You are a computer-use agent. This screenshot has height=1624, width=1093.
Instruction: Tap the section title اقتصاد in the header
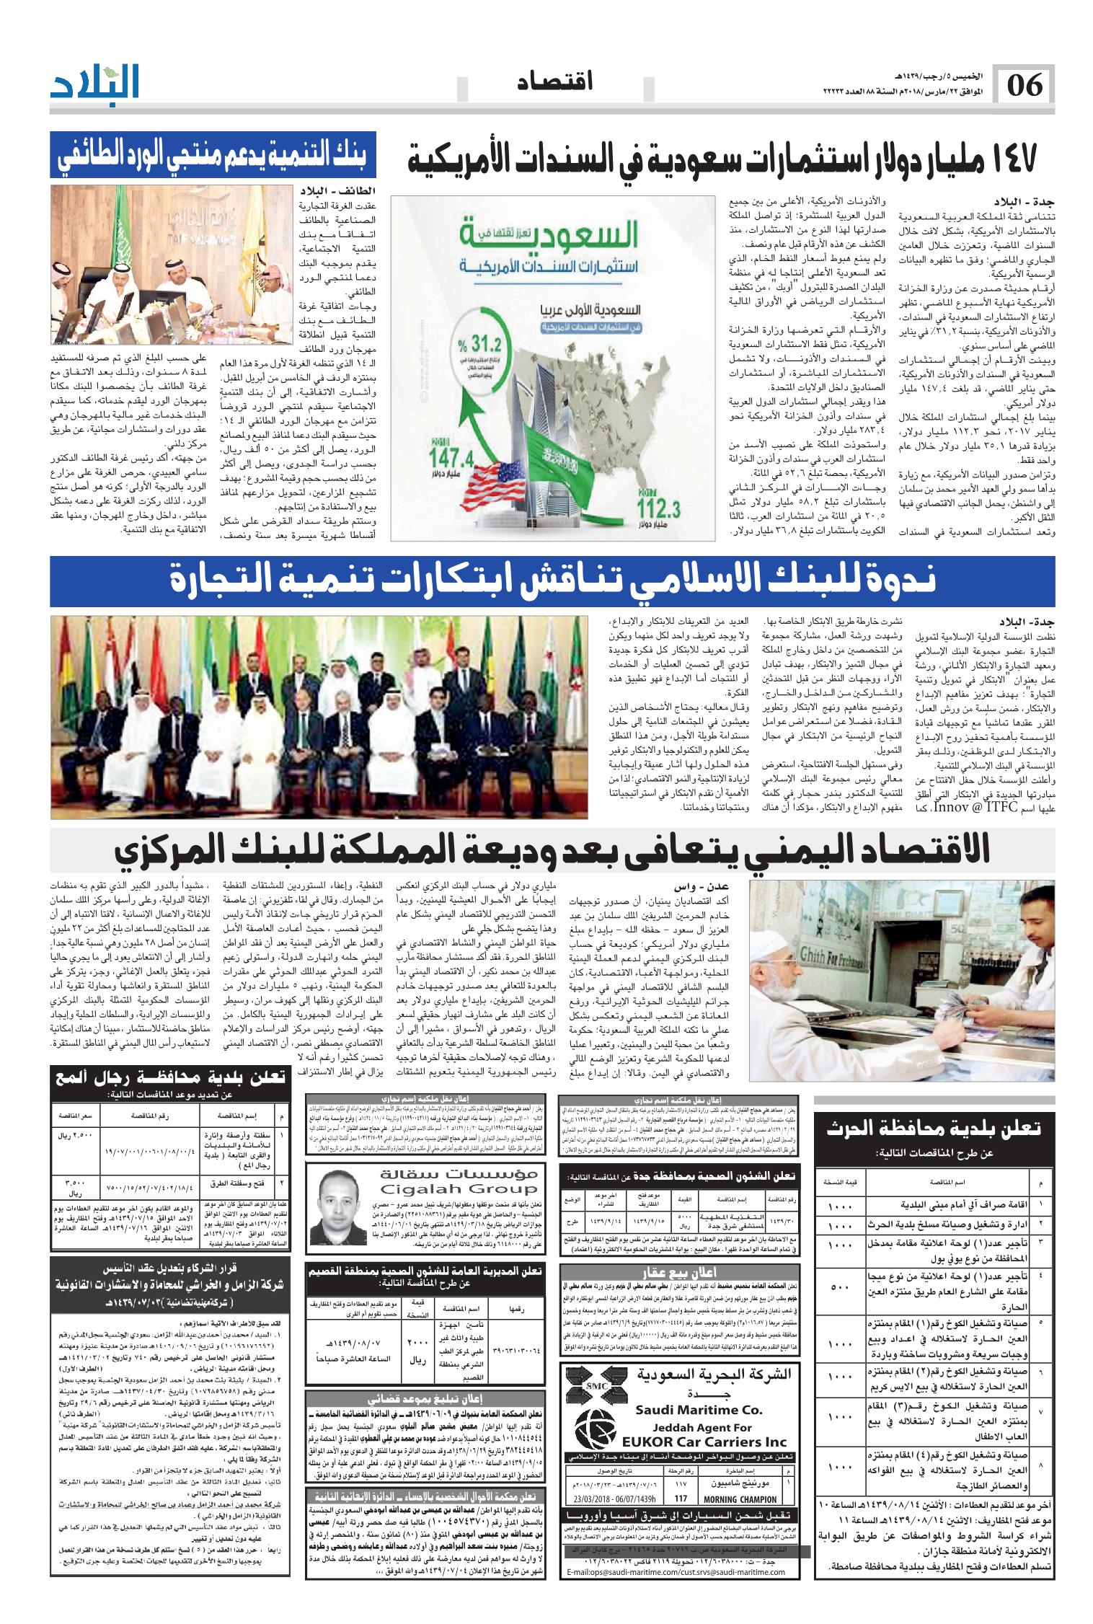coord(554,83)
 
